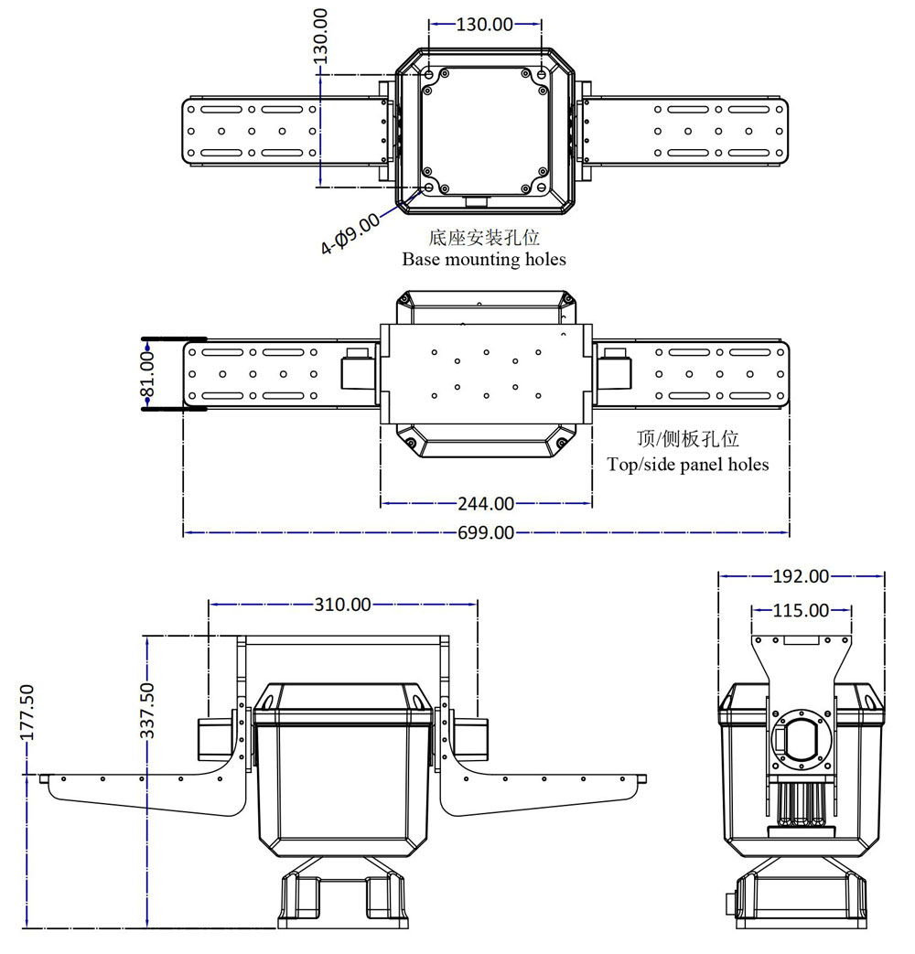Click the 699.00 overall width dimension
[486, 532]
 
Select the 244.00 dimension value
[486, 503]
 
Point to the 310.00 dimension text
[343, 604]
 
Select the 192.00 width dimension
[801, 576]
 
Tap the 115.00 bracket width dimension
[801, 609]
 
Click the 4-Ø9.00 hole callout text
[350, 233]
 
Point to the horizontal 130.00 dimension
[485, 25]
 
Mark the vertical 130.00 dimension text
[320, 37]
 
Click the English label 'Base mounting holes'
[484, 259]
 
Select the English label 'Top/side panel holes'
[688, 464]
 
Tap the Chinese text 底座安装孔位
[484, 238]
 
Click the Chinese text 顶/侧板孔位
[687, 440]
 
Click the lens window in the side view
[802, 741]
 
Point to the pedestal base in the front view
[340, 901]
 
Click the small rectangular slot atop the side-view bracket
[802, 642]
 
